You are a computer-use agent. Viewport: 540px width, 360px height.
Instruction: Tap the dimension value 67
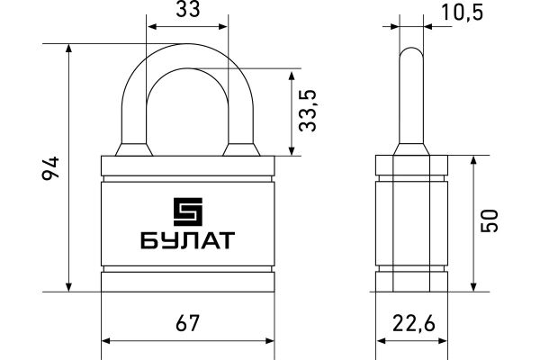tap(186, 321)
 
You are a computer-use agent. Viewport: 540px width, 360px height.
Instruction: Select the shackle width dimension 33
tap(187, 11)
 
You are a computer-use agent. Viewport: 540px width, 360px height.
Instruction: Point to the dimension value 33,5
tap(310, 110)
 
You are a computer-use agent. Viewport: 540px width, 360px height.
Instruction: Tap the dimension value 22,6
tap(412, 321)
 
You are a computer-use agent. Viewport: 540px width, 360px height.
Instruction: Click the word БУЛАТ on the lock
tap(187, 241)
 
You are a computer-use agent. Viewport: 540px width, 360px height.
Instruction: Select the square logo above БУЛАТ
tap(187, 211)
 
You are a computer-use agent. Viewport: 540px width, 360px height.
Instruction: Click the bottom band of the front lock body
tap(187, 282)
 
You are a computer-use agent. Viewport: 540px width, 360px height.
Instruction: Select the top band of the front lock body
tap(187, 166)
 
